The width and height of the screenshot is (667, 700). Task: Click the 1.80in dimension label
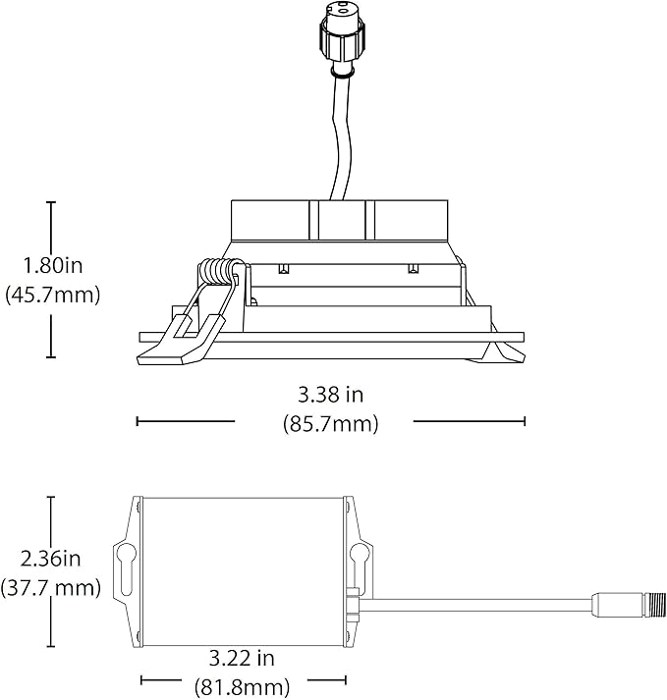(x=53, y=266)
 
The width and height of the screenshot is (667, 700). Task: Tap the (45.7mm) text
(x=53, y=296)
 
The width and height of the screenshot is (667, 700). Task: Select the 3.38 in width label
(x=331, y=395)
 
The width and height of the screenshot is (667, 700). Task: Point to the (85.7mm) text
(x=331, y=423)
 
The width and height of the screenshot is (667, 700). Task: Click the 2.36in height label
(x=50, y=559)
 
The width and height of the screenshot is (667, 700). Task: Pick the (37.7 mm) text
(x=50, y=588)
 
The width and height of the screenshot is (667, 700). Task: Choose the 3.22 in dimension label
(x=242, y=659)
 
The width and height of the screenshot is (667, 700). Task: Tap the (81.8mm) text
(x=242, y=686)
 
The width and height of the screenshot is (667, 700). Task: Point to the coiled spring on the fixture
(x=217, y=272)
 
